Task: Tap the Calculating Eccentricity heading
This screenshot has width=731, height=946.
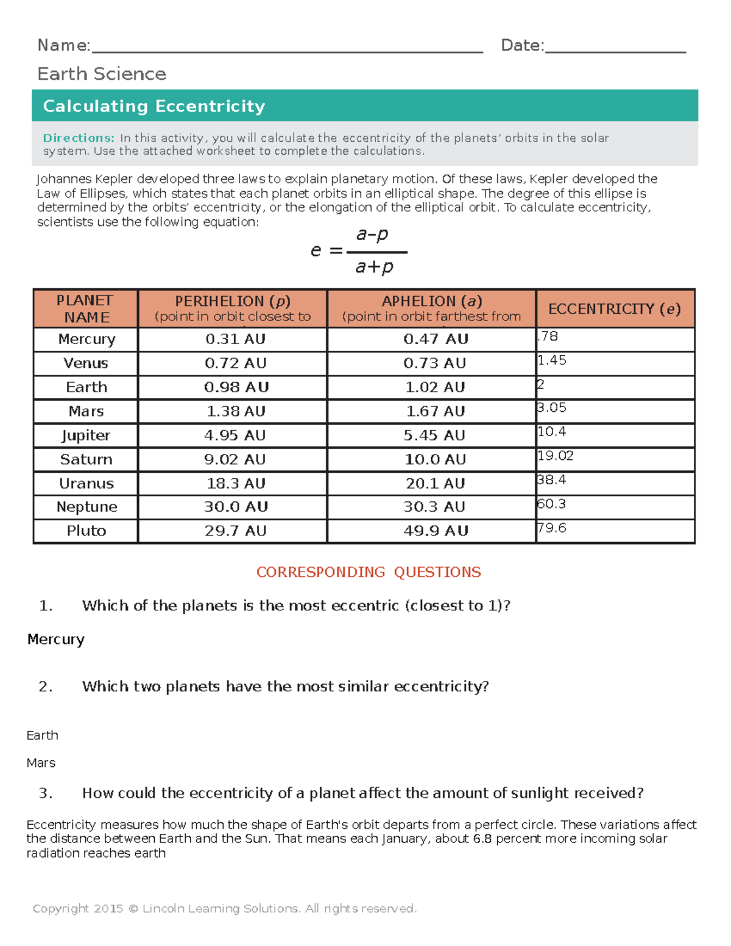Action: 154,106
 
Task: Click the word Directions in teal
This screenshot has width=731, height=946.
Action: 79,138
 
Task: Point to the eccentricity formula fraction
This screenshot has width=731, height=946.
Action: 374,251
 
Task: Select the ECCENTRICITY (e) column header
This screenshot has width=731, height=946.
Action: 614,309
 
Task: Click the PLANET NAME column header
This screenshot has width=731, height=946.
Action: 85,309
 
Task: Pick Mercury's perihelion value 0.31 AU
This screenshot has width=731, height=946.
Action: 235,339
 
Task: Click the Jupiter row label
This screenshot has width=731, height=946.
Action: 86,436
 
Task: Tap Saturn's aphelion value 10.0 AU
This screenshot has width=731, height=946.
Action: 435,459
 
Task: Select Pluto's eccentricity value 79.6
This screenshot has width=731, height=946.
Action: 552,528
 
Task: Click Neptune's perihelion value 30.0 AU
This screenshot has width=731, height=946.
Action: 235,507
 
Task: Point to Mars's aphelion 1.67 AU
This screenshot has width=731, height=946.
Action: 435,411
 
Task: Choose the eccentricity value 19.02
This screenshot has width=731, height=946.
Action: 556,456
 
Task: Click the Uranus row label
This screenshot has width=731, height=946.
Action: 86,484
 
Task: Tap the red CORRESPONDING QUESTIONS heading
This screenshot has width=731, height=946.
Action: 368,572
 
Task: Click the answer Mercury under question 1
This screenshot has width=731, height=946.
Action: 56,640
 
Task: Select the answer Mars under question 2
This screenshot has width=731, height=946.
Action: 41,763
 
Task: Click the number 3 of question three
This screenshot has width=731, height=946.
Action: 44,793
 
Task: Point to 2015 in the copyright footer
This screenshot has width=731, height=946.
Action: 108,908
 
